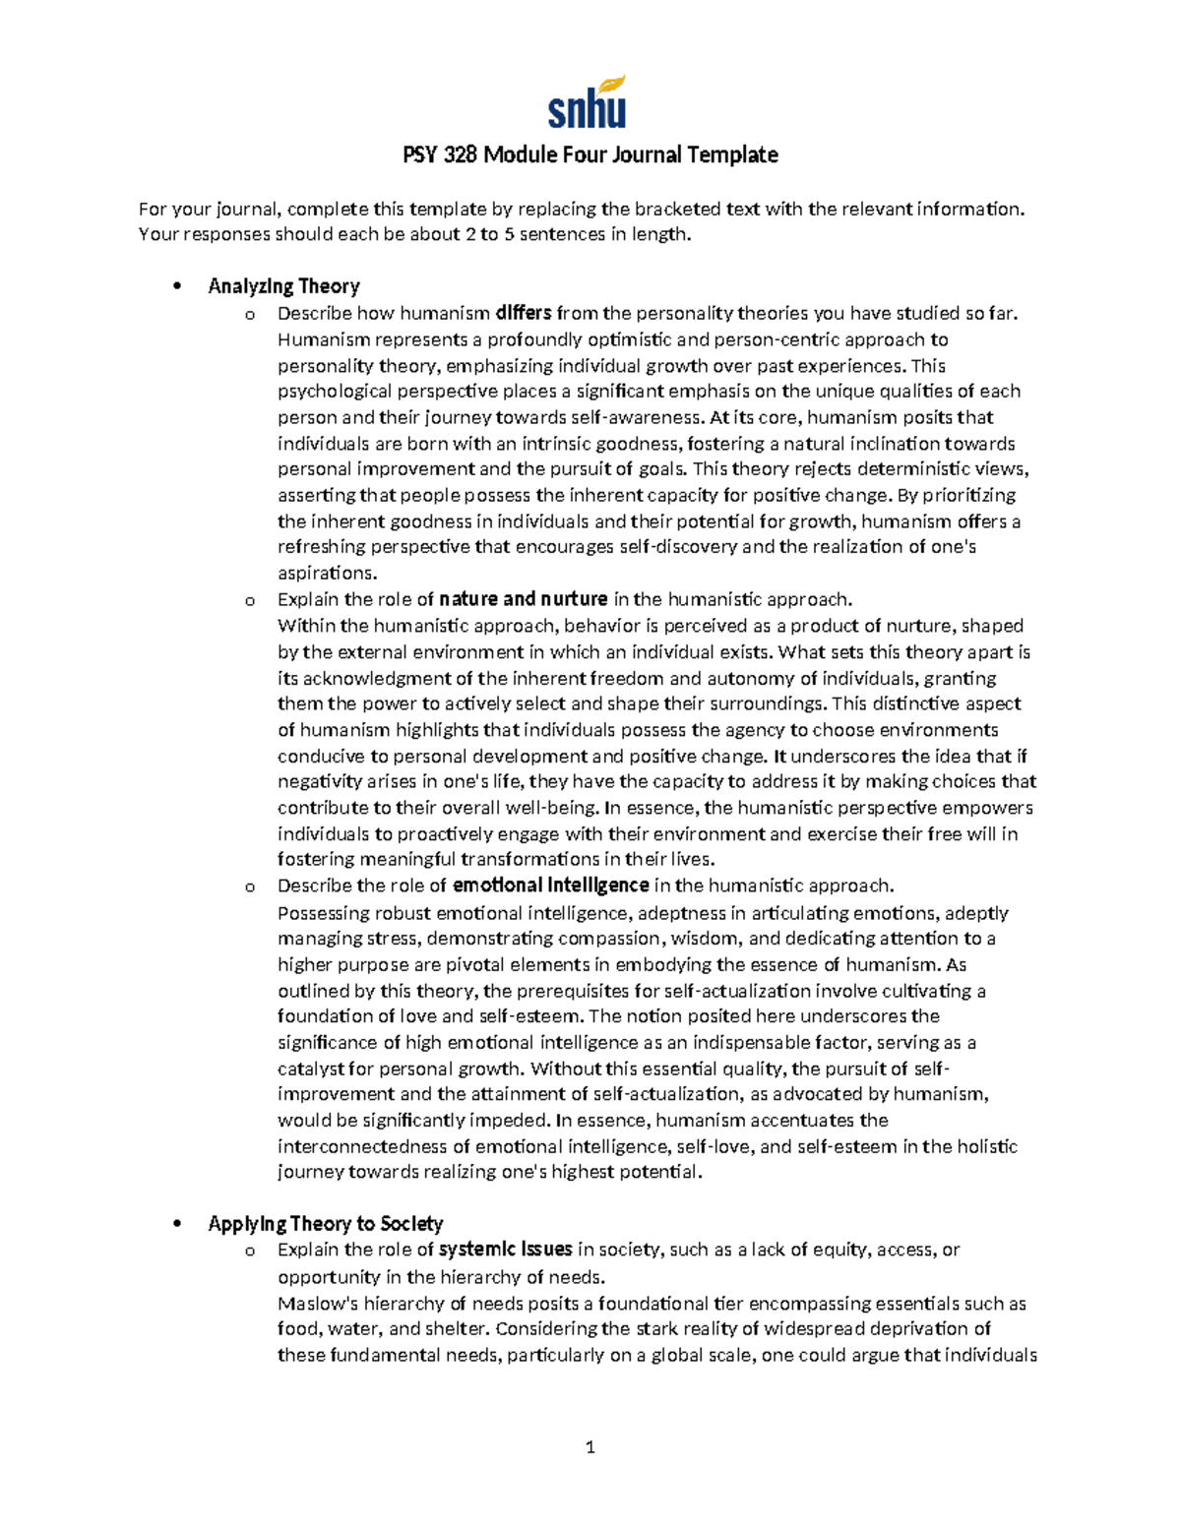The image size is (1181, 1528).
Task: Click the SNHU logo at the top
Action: pos(588,103)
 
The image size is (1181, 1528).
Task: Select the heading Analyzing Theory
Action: pos(283,286)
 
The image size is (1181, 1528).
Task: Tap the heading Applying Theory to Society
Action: pos(326,1224)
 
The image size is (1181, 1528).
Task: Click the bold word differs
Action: pos(524,314)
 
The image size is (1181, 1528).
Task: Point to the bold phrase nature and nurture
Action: pos(524,599)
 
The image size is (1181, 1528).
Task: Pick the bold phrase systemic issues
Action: pos(506,1250)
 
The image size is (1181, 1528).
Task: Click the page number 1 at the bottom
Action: pos(590,1447)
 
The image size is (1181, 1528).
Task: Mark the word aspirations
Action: pos(327,573)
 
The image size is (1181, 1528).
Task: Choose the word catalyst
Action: pos(310,1069)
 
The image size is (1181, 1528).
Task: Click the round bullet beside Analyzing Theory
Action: pos(177,287)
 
